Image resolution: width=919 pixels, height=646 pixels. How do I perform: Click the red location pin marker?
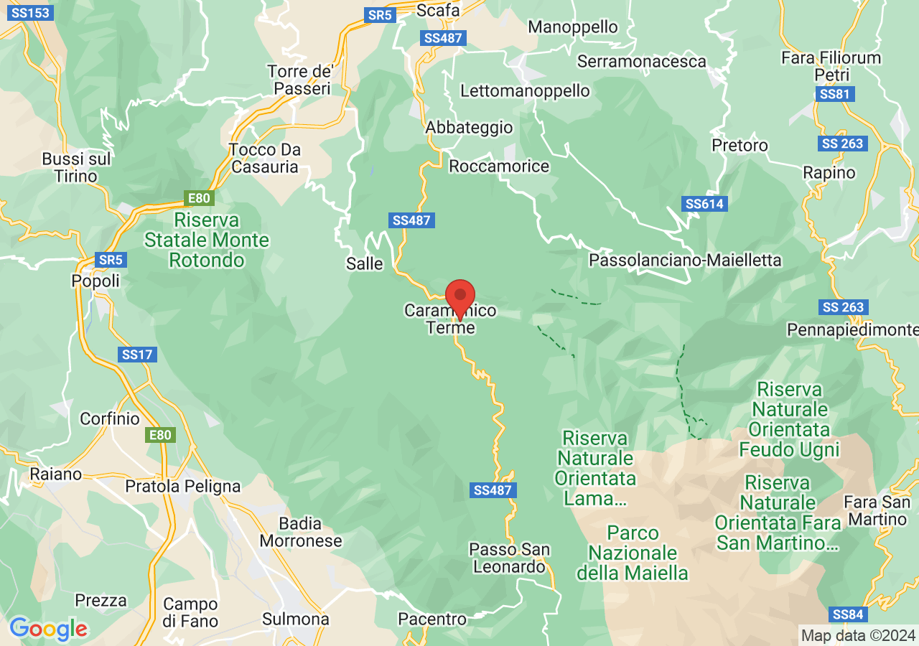(460, 296)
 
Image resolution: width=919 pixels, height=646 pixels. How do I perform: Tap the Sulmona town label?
(295, 619)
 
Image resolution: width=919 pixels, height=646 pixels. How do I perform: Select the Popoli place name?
(95, 281)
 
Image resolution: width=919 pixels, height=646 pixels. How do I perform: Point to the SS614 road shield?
(705, 204)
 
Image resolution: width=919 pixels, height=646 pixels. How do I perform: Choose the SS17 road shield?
(139, 355)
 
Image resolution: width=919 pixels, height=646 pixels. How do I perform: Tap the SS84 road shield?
(848, 614)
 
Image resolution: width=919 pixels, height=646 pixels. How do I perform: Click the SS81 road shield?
(836, 94)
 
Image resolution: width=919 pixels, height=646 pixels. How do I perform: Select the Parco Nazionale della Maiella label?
(633, 553)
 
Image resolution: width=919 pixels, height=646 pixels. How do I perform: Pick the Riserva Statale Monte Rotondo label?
(207, 240)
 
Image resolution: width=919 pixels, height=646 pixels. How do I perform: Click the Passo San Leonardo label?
(509, 558)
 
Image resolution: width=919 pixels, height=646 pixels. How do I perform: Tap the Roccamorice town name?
(499, 167)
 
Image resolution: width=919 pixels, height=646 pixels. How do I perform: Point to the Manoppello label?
(572, 27)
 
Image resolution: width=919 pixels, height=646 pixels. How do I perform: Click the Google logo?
(48, 629)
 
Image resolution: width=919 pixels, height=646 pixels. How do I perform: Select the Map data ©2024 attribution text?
(858, 635)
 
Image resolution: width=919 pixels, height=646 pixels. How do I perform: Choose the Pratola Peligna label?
(183, 486)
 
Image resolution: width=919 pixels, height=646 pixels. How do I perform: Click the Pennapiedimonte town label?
(852, 329)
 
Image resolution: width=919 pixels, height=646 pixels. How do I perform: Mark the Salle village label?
(364, 263)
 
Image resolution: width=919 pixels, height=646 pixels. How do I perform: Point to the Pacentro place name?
(431, 619)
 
